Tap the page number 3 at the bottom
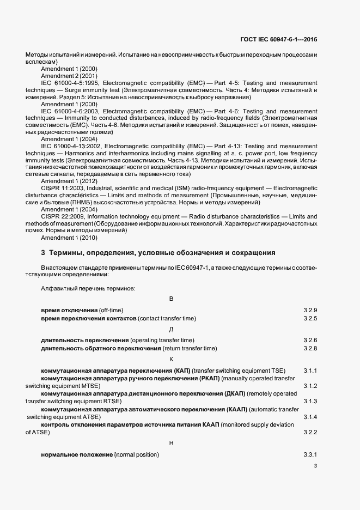(315, 466)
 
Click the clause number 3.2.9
(310, 310)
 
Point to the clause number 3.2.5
(310, 318)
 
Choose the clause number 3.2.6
(310, 340)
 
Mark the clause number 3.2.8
(310, 348)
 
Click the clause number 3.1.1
(310, 371)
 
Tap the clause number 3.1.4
(310, 417)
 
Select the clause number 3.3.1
(310, 454)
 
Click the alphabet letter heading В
(171, 299)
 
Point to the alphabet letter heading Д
(171, 329)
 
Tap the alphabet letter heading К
(171, 359)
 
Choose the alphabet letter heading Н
(171, 443)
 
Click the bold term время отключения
(69, 310)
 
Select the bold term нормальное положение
(77, 454)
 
